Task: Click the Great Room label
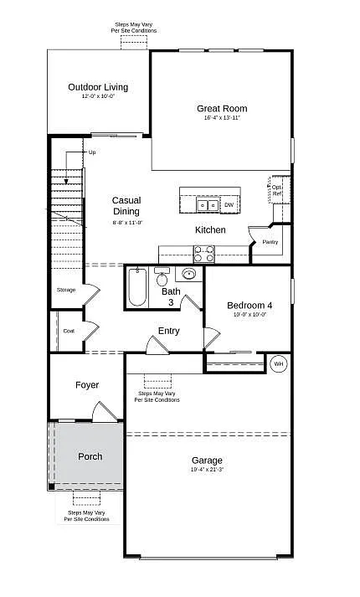(x=222, y=108)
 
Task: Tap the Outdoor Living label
(x=98, y=86)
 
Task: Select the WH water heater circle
(x=279, y=363)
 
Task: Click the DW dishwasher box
(x=229, y=204)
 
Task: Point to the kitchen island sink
(x=207, y=204)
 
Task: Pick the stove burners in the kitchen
(x=204, y=253)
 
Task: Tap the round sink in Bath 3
(x=189, y=274)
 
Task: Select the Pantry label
(x=270, y=242)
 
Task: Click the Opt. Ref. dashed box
(x=277, y=190)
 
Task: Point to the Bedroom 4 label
(x=249, y=306)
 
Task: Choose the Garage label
(x=207, y=461)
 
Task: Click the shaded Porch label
(x=90, y=456)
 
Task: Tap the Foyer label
(x=87, y=385)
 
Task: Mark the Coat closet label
(x=69, y=331)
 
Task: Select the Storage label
(x=66, y=290)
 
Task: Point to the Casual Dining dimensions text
(x=127, y=222)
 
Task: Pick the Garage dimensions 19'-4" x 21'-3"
(x=207, y=470)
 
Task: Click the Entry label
(x=169, y=331)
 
